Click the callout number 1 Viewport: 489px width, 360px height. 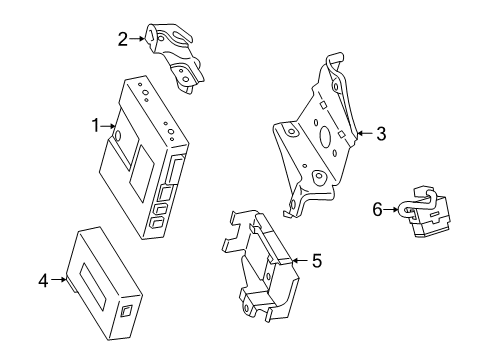(x=95, y=126)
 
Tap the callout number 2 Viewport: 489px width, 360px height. (x=122, y=40)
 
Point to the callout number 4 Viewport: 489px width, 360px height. (x=43, y=282)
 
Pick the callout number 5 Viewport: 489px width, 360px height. (x=316, y=261)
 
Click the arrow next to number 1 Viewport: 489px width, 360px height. (x=109, y=126)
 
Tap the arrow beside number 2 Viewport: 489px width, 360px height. (x=136, y=40)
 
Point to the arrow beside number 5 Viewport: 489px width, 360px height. (x=300, y=261)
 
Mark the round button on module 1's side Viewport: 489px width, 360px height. (x=119, y=135)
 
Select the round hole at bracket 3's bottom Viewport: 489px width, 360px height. (x=320, y=180)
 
